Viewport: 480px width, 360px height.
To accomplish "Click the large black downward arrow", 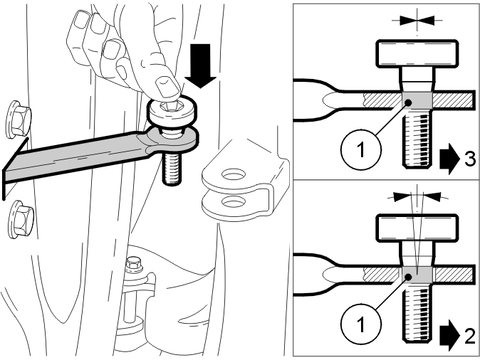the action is coord(200,65).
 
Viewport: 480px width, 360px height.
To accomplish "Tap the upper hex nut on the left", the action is coord(19,120).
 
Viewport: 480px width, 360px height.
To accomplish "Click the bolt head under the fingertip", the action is coord(172,111).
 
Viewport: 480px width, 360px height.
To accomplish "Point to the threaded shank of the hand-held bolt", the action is coord(171,169).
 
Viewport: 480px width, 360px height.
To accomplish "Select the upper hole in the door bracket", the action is coord(234,175).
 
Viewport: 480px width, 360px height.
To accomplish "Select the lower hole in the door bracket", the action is coord(234,202).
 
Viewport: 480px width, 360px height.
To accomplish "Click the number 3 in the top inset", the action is coord(470,159).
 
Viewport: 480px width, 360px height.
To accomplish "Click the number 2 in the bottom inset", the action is coord(470,337).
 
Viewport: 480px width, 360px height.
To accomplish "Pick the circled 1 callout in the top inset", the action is coord(361,149).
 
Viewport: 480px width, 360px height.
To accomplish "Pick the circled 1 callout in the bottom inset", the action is coord(361,325).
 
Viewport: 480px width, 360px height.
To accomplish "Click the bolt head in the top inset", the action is coord(417,54).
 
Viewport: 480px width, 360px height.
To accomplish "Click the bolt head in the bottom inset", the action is coord(417,228).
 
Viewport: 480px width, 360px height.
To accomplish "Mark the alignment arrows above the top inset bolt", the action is coord(417,21).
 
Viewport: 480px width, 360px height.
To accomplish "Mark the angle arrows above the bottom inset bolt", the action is coord(417,196).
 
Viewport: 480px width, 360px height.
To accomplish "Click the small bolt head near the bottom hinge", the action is coord(133,263).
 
